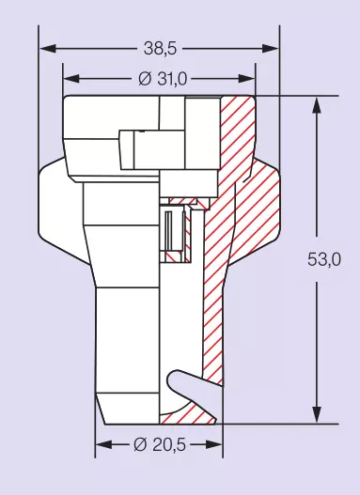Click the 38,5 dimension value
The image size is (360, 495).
click(160, 49)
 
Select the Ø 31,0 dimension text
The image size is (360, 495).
click(163, 79)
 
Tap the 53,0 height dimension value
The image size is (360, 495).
click(324, 259)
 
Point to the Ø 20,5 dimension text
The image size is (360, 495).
click(160, 445)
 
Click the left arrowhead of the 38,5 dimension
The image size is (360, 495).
click(47, 49)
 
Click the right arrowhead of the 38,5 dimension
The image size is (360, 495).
click(271, 49)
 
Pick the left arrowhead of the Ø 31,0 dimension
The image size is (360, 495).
click(71, 79)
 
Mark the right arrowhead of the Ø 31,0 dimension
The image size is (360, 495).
click(246, 79)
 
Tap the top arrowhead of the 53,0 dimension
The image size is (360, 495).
click(317, 105)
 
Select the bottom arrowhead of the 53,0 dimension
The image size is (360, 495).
click(317, 415)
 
